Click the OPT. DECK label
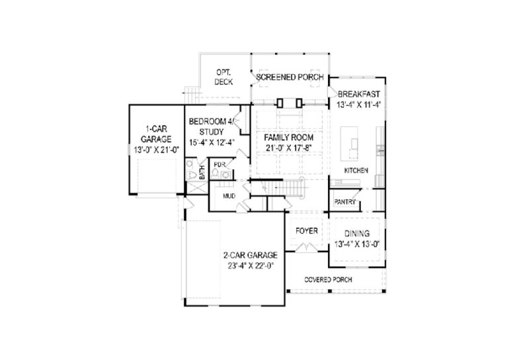(x=224, y=77)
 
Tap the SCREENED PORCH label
(x=290, y=77)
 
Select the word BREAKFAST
(x=358, y=94)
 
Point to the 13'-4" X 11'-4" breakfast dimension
(x=358, y=105)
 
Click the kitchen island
(x=349, y=144)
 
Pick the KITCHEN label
(x=356, y=171)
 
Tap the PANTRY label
(x=345, y=202)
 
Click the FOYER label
(x=306, y=231)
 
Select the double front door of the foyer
(x=306, y=247)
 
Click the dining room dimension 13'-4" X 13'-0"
(x=357, y=244)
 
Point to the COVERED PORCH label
(x=328, y=280)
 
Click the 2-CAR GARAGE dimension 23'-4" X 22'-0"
(x=251, y=266)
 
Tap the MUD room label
(x=229, y=196)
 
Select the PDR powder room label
(x=220, y=165)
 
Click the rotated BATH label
(x=202, y=172)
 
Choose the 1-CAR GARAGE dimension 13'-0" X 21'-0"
(x=156, y=150)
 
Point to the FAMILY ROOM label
(x=288, y=138)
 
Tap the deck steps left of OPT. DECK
(x=192, y=95)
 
